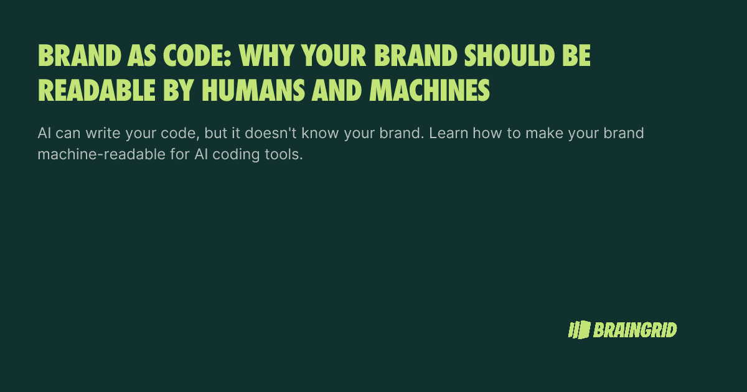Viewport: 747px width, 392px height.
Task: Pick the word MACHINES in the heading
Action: pos(430,91)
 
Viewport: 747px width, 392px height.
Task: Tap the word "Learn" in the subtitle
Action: pos(447,134)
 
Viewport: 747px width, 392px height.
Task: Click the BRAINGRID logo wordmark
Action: pos(635,330)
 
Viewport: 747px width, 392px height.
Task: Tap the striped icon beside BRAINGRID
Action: pos(578,330)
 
